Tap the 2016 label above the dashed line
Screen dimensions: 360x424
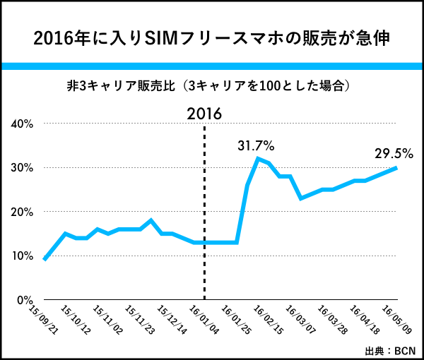click(x=204, y=113)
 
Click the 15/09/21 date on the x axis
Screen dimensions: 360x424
click(x=42, y=317)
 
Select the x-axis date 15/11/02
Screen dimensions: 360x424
click(x=106, y=317)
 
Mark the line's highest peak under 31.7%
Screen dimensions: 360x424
click(x=258, y=158)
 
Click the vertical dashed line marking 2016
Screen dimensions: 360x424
click(x=204, y=212)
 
